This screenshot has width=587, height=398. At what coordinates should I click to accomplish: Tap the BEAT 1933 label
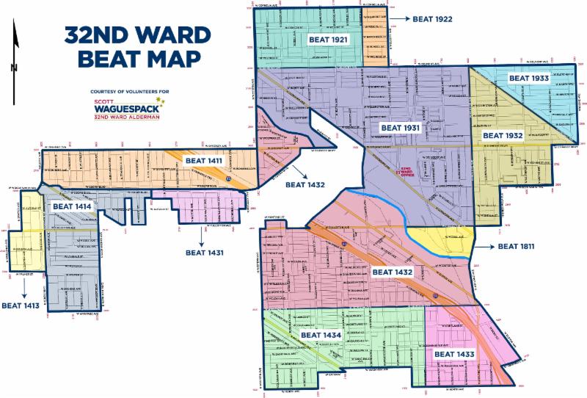[529, 78]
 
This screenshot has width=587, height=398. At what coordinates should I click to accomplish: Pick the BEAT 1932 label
[502, 136]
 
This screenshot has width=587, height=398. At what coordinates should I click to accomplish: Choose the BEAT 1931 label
[399, 128]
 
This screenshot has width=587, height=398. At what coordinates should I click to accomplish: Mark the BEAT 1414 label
[71, 208]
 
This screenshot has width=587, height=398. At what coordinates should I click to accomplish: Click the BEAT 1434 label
[320, 336]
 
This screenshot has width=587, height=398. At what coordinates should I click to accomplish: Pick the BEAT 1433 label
[455, 355]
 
